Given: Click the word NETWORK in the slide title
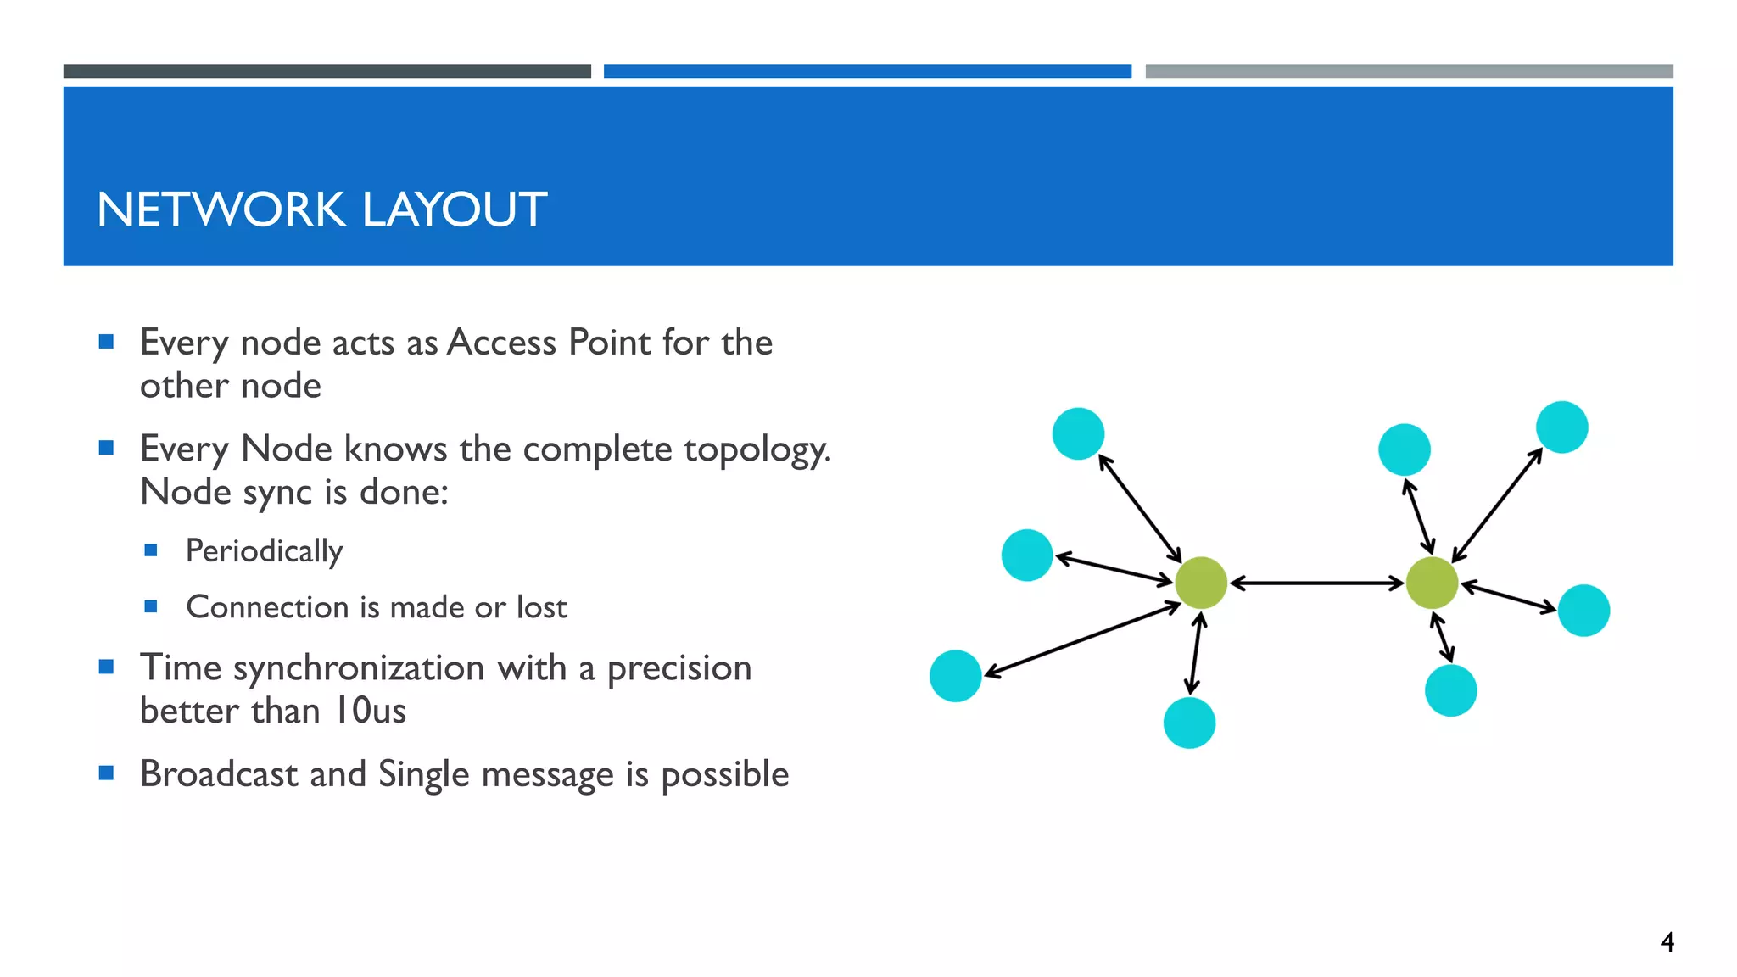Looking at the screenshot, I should (x=221, y=209).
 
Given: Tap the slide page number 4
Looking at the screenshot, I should (x=1667, y=942).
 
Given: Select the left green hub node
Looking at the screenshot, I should (x=1201, y=583).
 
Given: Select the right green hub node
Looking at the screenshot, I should (x=1432, y=583).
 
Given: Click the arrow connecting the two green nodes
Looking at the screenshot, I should (x=1316, y=583).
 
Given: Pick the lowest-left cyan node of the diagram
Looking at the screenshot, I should (x=956, y=676).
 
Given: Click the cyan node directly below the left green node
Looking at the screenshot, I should (x=1189, y=723).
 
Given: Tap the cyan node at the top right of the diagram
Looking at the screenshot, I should (x=1562, y=427).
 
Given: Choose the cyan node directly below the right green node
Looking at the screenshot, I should (x=1451, y=690).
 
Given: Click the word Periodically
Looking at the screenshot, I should (x=264, y=551).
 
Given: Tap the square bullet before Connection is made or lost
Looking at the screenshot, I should (x=151, y=606).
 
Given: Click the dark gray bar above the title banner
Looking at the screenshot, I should (x=327, y=71).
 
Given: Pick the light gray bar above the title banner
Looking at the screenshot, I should (x=1409, y=71).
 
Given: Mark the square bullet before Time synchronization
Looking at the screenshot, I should (x=106, y=667).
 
